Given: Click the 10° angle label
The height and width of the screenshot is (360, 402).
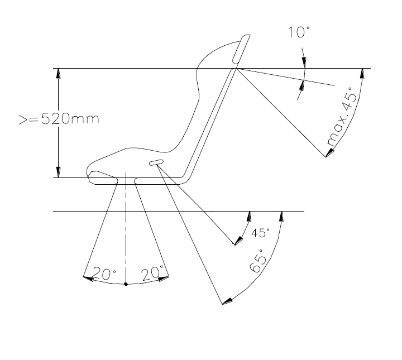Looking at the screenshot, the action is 299,32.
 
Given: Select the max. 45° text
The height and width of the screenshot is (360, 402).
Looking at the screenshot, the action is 342,117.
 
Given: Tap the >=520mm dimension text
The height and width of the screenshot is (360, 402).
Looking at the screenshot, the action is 59,119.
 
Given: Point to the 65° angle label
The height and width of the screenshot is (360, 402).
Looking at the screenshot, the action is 258,261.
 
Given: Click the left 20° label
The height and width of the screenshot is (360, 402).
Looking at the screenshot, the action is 104,273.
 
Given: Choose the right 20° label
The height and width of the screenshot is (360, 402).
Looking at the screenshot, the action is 152,273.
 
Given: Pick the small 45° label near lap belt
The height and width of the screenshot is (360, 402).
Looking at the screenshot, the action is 260,233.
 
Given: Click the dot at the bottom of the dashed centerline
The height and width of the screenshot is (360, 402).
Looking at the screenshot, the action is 126,284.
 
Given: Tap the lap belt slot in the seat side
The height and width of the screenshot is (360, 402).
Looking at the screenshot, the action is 156,162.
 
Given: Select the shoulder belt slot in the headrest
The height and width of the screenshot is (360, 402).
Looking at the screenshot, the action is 241,49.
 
